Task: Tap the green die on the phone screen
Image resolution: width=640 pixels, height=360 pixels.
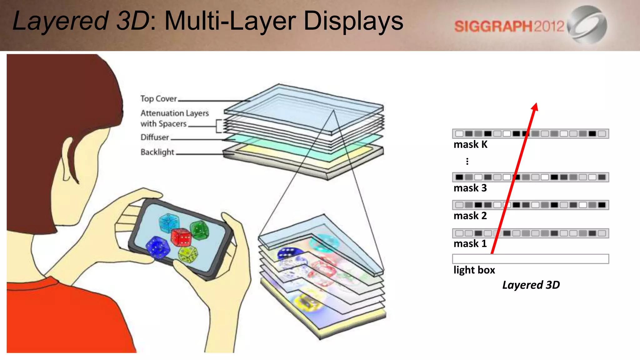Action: click(x=199, y=230)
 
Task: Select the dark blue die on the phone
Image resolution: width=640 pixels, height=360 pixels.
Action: click(x=158, y=247)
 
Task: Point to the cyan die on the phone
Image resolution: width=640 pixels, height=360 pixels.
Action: click(x=168, y=222)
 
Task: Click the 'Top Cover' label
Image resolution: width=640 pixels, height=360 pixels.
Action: click(x=158, y=99)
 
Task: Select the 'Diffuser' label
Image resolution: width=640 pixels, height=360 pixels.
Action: click(x=154, y=137)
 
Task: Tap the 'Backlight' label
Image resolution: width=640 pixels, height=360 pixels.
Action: click(x=157, y=152)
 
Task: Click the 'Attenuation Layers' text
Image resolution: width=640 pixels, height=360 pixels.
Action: click(x=174, y=113)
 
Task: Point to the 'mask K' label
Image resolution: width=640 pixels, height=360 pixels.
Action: click(x=470, y=145)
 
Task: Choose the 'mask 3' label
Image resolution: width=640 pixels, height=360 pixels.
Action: click(x=470, y=188)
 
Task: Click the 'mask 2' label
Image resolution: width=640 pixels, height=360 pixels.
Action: click(x=470, y=216)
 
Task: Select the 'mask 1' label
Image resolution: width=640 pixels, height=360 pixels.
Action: click(x=470, y=244)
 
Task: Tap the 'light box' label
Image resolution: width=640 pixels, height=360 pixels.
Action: click(x=474, y=270)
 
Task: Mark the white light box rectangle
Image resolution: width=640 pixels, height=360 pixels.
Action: click(x=530, y=259)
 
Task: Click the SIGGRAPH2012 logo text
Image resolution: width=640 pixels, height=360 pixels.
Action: click(x=509, y=26)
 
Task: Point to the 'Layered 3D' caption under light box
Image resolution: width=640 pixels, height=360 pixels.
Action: click(x=531, y=285)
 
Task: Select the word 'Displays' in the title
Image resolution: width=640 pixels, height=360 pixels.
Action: click(x=353, y=21)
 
